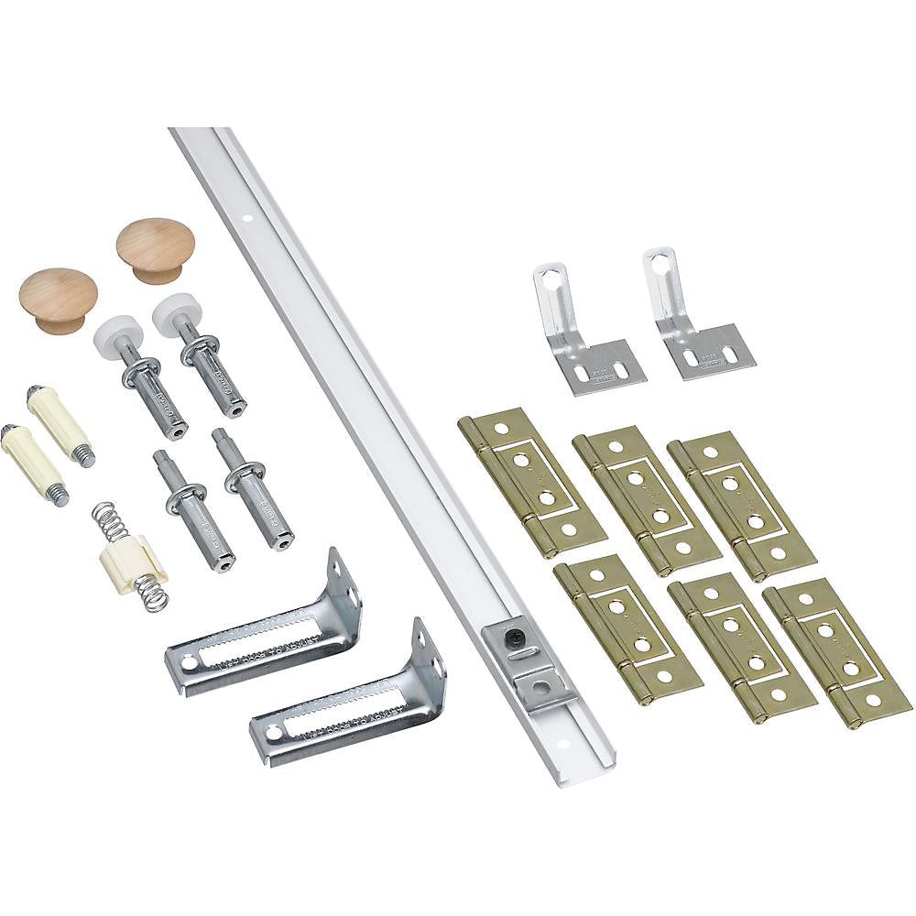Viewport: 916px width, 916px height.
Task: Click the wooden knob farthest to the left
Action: click(58, 298)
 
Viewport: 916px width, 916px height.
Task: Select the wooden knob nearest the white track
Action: click(155, 247)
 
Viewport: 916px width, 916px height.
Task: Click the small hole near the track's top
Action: click(247, 221)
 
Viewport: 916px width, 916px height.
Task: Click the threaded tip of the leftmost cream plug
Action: click(58, 496)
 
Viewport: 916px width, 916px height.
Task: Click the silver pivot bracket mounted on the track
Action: click(526, 660)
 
